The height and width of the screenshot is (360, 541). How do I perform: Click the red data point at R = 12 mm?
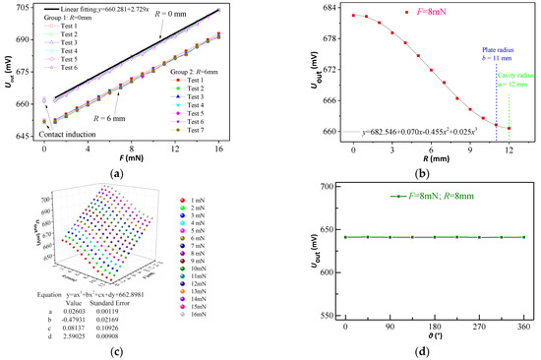(x=509, y=128)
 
